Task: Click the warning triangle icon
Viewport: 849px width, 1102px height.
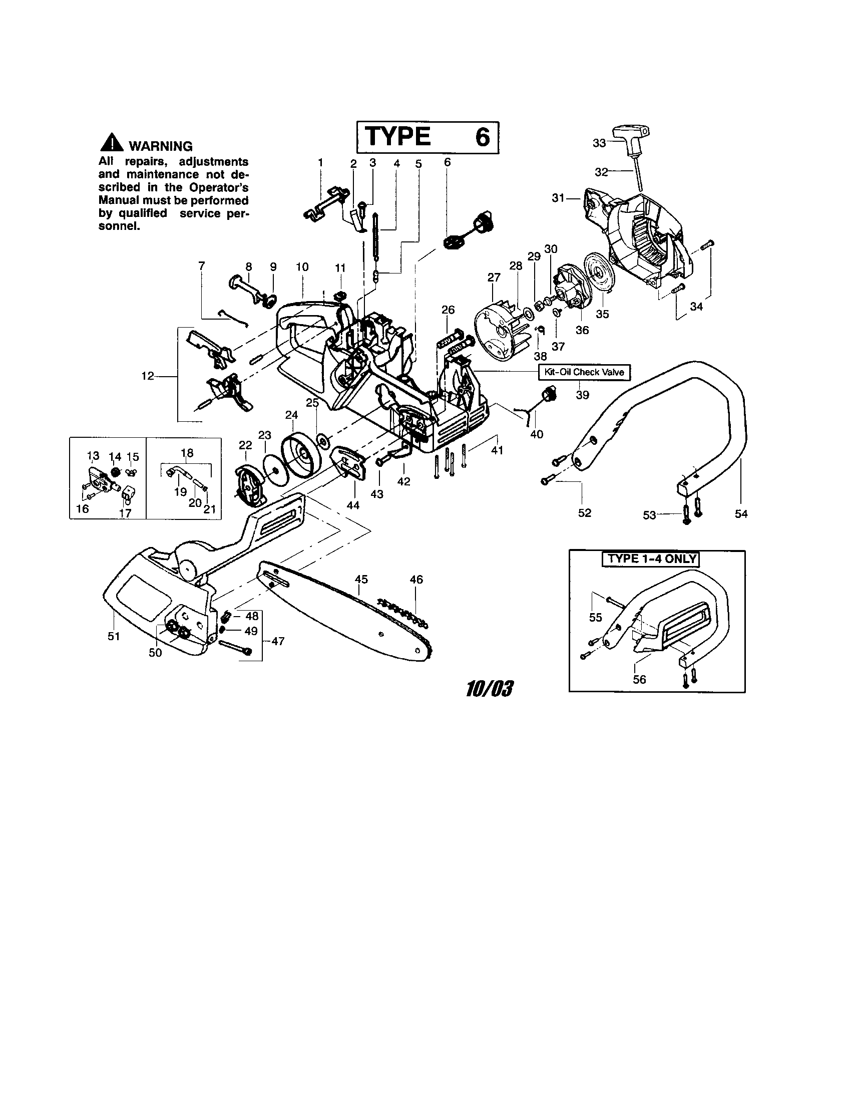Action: click(112, 144)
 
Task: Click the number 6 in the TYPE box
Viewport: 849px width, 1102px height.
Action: click(483, 137)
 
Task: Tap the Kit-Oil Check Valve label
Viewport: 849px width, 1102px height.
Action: click(584, 372)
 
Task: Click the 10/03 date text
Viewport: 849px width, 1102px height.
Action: click(489, 689)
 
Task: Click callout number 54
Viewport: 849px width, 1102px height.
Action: click(740, 513)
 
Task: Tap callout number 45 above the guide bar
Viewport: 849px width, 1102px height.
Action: click(361, 579)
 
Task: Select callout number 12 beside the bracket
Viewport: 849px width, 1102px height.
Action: click(147, 376)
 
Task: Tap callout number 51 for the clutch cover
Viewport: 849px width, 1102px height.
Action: click(114, 636)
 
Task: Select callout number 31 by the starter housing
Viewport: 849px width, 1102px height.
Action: click(558, 198)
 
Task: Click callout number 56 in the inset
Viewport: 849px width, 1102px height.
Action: click(639, 679)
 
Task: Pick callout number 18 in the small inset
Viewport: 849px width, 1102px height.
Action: click(187, 453)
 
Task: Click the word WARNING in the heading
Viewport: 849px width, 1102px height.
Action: click(161, 146)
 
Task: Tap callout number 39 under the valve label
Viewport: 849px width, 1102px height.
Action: click(582, 395)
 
